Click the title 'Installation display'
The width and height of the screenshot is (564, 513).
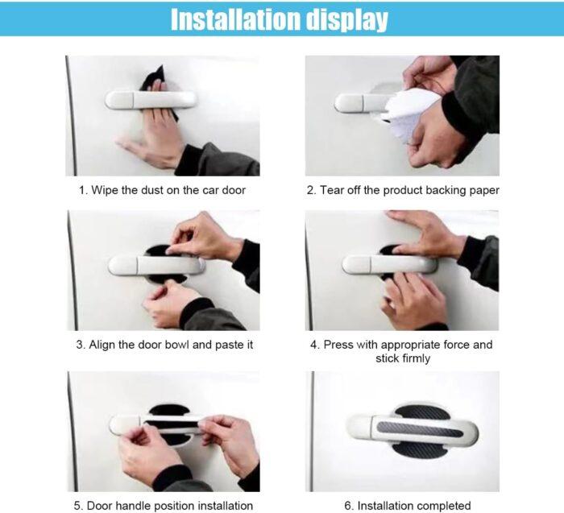click(279, 19)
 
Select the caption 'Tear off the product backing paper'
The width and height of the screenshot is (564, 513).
click(403, 191)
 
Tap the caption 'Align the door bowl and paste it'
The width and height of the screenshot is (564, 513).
click(164, 345)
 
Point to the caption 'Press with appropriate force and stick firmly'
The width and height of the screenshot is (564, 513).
click(403, 351)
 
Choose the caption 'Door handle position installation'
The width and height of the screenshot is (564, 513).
click(164, 506)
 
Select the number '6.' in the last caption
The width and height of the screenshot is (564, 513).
click(349, 506)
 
